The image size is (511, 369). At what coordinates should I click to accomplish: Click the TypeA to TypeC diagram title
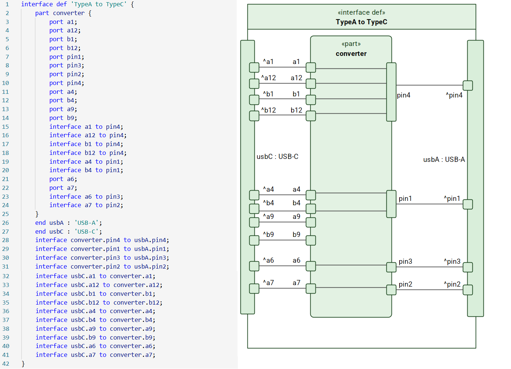(x=361, y=22)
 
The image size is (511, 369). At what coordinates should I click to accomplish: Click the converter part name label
(x=351, y=54)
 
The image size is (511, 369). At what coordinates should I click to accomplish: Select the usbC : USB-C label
(x=278, y=157)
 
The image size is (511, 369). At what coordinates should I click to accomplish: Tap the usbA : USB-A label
(x=444, y=160)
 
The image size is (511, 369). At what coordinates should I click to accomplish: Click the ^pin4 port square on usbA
(x=468, y=85)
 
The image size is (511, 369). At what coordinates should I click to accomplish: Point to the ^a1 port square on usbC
(x=254, y=67)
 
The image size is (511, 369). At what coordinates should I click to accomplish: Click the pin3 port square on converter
(x=391, y=267)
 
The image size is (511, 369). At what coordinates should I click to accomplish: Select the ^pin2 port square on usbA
(x=468, y=290)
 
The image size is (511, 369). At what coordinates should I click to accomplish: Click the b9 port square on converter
(x=311, y=240)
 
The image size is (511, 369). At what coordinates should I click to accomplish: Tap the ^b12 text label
(x=268, y=110)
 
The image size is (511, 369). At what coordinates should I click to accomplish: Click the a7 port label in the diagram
(x=296, y=283)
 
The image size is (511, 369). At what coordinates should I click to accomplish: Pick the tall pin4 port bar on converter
(x=391, y=92)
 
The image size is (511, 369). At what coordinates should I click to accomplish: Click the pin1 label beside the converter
(x=405, y=199)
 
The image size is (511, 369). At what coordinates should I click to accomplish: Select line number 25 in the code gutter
(x=6, y=214)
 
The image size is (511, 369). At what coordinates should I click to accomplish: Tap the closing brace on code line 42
(x=23, y=363)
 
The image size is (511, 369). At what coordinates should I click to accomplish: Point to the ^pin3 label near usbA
(x=452, y=262)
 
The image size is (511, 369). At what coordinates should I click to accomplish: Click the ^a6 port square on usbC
(x=254, y=266)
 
